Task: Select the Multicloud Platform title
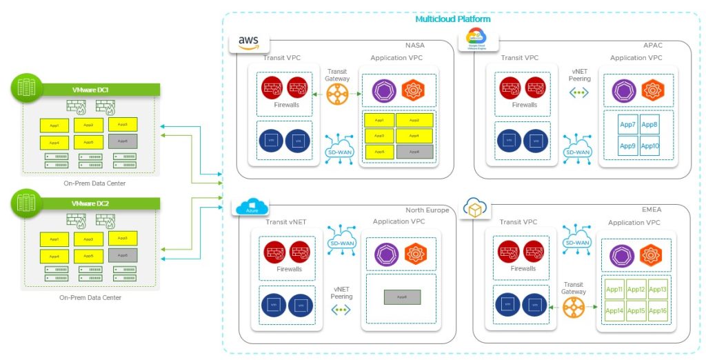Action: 453,19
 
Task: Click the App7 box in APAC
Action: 627,125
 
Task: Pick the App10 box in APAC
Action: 649,146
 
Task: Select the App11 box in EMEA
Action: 614,290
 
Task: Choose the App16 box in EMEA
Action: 658,311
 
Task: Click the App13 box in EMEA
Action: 658,290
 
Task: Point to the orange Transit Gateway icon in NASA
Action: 339,94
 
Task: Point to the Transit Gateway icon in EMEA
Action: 574,308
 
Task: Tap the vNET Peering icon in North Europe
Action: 341,309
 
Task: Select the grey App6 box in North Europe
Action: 402,298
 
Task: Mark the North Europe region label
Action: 427,210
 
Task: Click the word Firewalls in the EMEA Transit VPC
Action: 523,269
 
